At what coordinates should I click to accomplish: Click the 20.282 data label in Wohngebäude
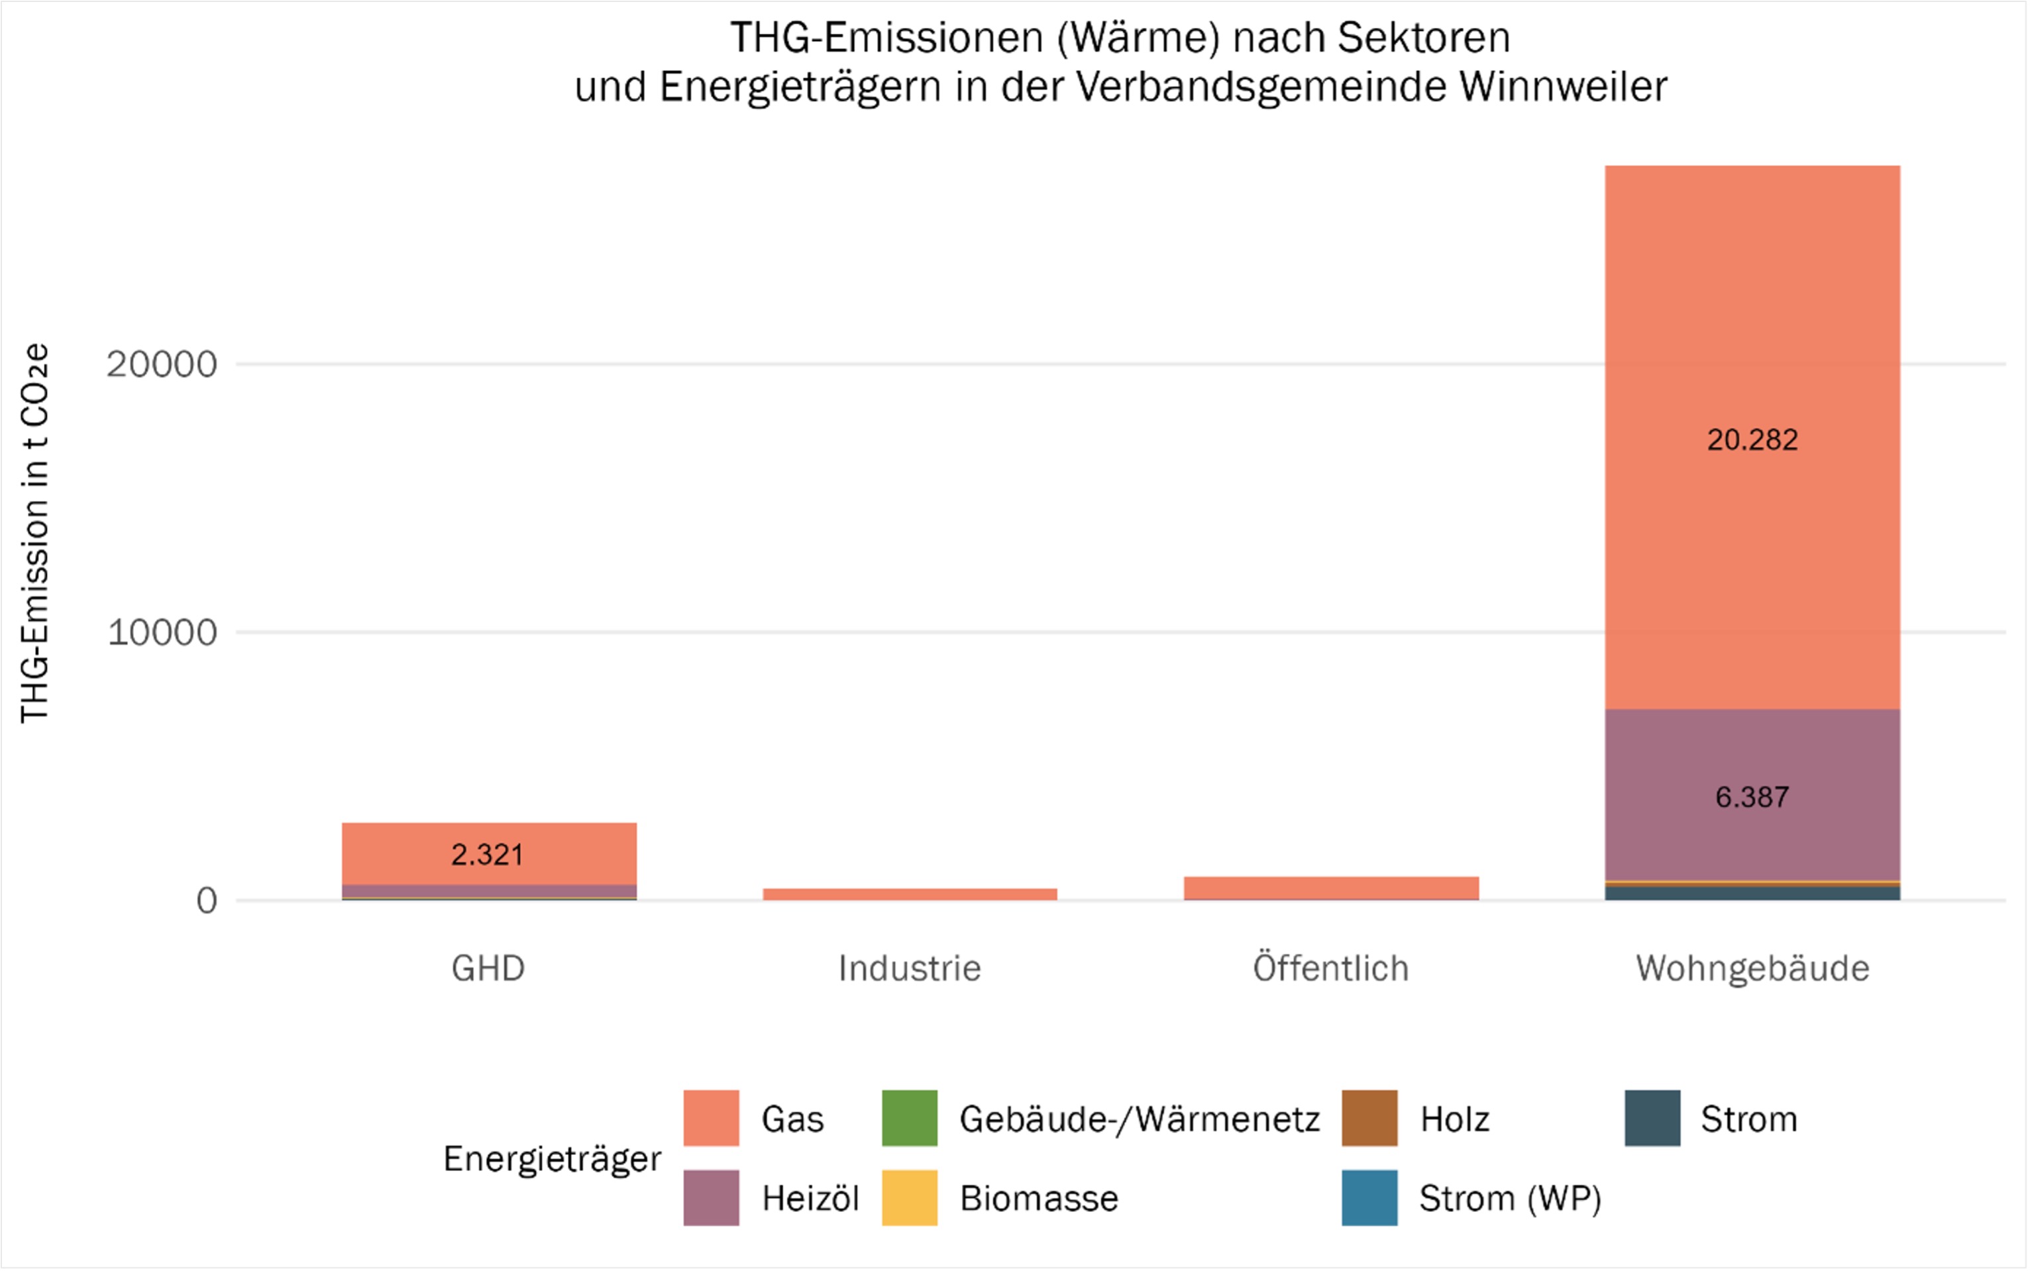tap(1752, 439)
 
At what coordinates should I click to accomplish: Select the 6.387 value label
tap(1752, 797)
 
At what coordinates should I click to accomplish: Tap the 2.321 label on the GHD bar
tap(488, 855)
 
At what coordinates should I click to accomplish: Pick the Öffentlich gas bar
tap(1331, 888)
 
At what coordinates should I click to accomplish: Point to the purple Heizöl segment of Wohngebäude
tap(1752, 757)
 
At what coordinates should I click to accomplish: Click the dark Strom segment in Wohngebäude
tap(1752, 893)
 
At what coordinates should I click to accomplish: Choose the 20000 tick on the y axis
tap(161, 364)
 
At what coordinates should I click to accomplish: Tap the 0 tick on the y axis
tap(207, 901)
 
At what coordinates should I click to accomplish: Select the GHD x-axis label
tap(488, 968)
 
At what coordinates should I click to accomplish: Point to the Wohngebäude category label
tap(1752, 968)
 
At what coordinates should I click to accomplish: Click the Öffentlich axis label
tap(1331, 968)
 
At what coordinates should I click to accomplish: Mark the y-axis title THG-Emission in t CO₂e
tap(35, 534)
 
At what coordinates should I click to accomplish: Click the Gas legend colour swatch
tap(711, 1118)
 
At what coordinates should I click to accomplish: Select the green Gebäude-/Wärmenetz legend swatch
tap(909, 1118)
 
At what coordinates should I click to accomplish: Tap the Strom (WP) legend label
tap(1510, 1198)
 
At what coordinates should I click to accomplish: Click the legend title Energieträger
tap(552, 1158)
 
